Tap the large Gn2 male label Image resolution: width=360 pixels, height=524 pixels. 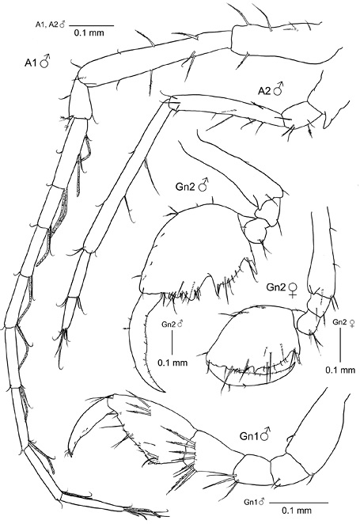pyautogui.click(x=191, y=185)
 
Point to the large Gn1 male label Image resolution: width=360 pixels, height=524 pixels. pyautogui.click(x=255, y=435)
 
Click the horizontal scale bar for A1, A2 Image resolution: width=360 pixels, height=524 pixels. pyautogui.click(x=92, y=25)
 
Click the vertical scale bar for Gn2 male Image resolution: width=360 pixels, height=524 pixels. pyautogui.click(x=172, y=343)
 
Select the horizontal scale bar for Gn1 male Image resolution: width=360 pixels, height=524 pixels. pyautogui.click(x=298, y=503)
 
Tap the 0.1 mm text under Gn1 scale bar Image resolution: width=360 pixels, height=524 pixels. pyautogui.click(x=297, y=511)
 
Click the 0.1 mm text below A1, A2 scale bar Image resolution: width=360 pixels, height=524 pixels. pyautogui.click(x=89, y=32)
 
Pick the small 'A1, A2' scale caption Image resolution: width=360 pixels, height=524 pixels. pyautogui.click(x=47, y=24)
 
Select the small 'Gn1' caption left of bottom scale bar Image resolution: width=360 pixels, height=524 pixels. pyautogui.click(x=250, y=502)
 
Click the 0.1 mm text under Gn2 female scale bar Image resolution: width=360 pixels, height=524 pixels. pyautogui.click(x=340, y=370)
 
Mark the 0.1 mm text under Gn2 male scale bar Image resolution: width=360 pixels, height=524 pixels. pyautogui.click(x=172, y=363)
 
